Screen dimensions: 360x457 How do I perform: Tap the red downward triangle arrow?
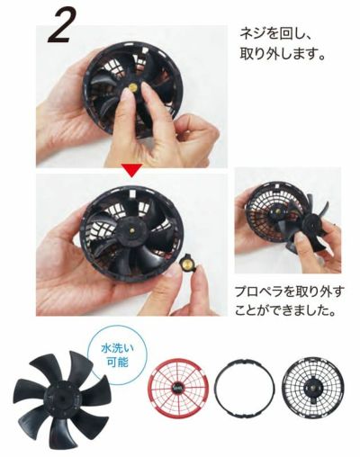click(x=131, y=170)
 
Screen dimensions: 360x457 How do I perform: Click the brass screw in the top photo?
click(x=132, y=88)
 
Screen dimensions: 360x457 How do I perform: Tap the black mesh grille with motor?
click(x=313, y=386)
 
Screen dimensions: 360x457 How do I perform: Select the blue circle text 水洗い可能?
click(x=118, y=356)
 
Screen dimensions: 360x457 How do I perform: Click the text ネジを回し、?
click(x=273, y=35)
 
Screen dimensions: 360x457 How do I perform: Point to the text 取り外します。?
click(x=283, y=55)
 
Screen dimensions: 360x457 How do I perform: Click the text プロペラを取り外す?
click(x=288, y=292)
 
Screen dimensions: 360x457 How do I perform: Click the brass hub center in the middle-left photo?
click(x=133, y=230)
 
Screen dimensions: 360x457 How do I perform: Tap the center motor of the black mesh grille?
click(x=313, y=387)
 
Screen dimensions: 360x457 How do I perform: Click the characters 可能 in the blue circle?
click(x=118, y=363)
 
